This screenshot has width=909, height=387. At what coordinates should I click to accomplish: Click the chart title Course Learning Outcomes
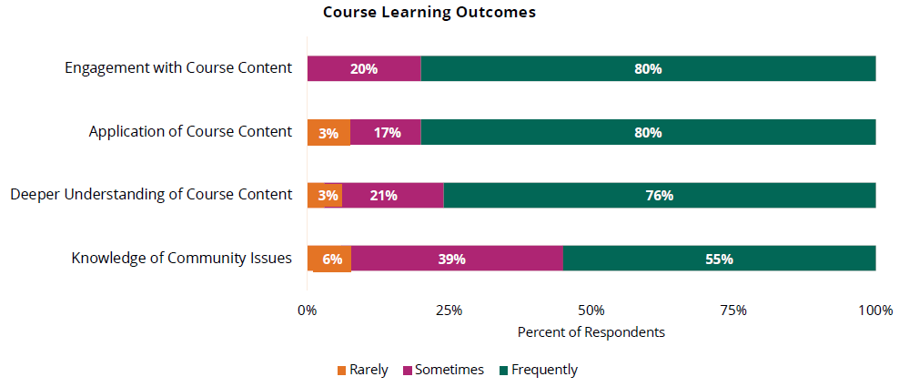[429, 13]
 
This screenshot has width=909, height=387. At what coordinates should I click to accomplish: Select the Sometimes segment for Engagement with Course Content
[364, 68]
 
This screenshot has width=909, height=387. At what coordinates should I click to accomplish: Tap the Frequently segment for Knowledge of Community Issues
[719, 259]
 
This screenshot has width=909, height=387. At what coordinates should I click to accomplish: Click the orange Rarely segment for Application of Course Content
[328, 132]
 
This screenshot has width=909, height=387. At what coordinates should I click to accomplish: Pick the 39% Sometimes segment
[457, 259]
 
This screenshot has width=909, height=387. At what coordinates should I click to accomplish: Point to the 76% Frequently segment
[659, 196]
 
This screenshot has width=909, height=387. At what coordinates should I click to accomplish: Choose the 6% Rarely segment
[329, 259]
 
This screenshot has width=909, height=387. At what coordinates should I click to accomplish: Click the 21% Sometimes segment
[392, 196]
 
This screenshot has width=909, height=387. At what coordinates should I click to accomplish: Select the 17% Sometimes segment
[386, 132]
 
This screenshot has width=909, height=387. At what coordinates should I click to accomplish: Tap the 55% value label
[719, 259]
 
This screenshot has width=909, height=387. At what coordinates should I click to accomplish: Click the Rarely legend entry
[363, 370]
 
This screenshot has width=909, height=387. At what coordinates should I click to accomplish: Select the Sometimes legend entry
[443, 370]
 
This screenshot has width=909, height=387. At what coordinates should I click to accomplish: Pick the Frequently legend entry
[538, 370]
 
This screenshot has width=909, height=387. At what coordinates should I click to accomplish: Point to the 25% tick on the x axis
[449, 311]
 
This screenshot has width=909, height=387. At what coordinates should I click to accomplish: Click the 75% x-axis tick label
[733, 311]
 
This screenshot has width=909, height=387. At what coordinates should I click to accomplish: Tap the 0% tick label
[308, 311]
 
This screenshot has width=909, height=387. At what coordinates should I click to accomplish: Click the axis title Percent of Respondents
[591, 332]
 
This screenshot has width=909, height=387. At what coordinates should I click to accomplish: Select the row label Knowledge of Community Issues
[181, 258]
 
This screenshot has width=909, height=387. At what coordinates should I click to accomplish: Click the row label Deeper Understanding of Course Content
[151, 195]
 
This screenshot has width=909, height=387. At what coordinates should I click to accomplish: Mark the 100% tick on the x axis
[875, 311]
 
